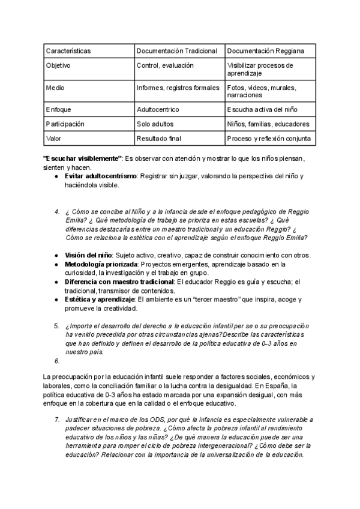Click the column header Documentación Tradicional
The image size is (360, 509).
click(176, 51)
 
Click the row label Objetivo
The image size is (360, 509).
click(58, 65)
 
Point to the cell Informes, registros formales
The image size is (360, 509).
click(178, 88)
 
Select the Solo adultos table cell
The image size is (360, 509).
click(155, 124)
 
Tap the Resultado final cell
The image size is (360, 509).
click(160, 139)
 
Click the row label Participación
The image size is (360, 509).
click(65, 124)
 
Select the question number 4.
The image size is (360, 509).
click(56, 211)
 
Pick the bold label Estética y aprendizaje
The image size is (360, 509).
click(100, 299)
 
